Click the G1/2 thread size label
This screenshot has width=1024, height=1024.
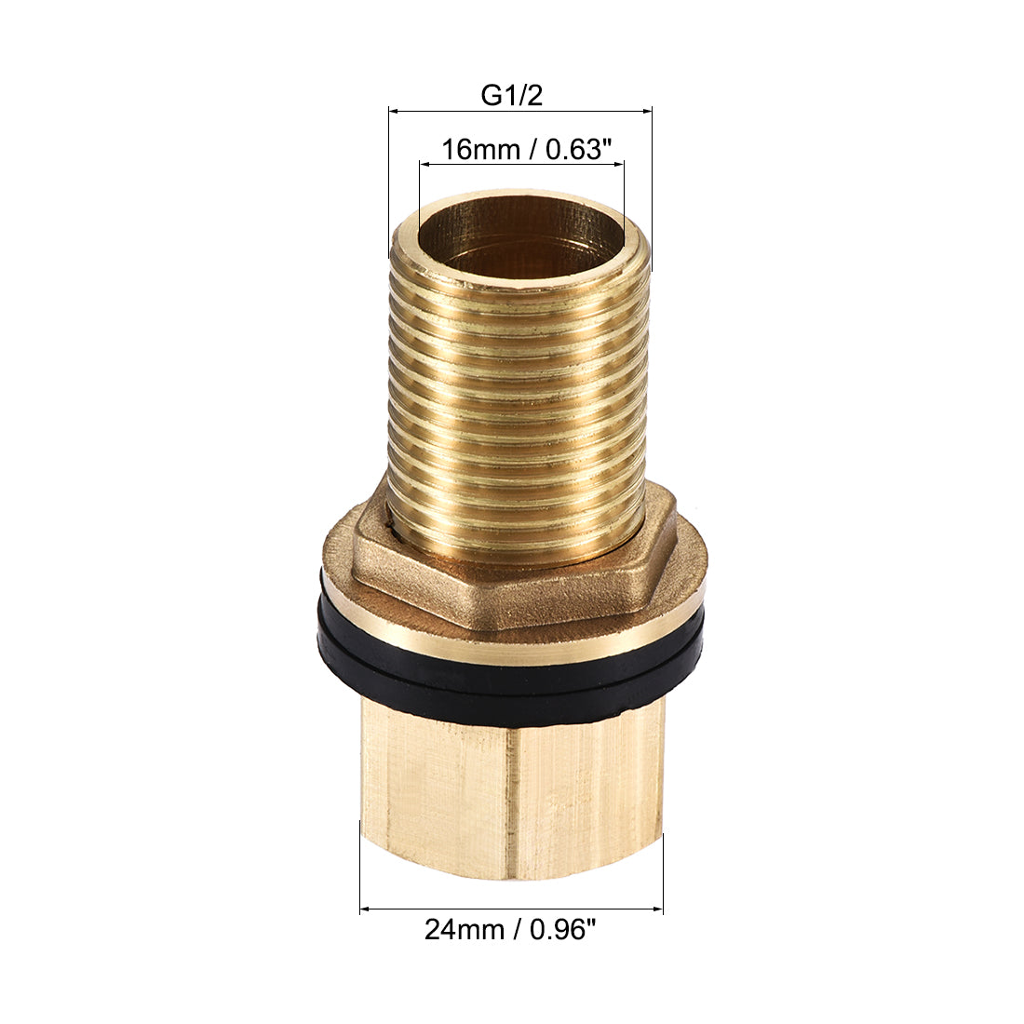click(511, 95)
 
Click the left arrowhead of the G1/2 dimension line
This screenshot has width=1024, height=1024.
click(394, 112)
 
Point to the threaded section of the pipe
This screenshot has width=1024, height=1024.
click(518, 391)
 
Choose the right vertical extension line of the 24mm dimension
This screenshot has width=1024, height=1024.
click(663, 870)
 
